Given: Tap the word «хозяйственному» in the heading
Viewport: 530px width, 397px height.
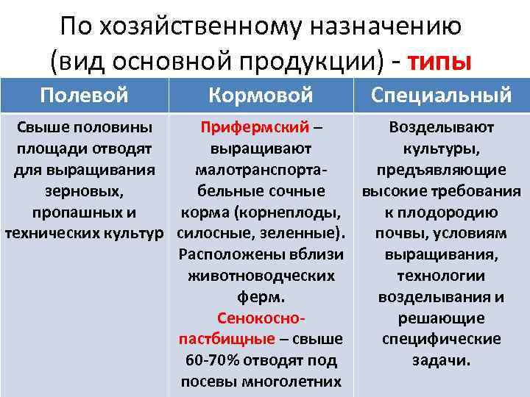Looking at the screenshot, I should click(x=197, y=27).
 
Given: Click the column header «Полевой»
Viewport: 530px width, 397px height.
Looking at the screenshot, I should click(x=84, y=95).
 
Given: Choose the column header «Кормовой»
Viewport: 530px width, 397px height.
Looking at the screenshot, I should click(x=261, y=95).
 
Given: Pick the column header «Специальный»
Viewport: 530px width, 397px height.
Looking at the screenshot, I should click(x=441, y=95).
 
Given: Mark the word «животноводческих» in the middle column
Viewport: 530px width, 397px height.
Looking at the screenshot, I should click(x=261, y=276).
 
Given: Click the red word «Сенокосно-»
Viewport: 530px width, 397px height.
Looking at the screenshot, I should click(x=261, y=318).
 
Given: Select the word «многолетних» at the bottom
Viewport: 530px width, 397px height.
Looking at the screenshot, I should click(x=298, y=382).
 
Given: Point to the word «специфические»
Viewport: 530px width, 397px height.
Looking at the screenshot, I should click(x=441, y=339).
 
